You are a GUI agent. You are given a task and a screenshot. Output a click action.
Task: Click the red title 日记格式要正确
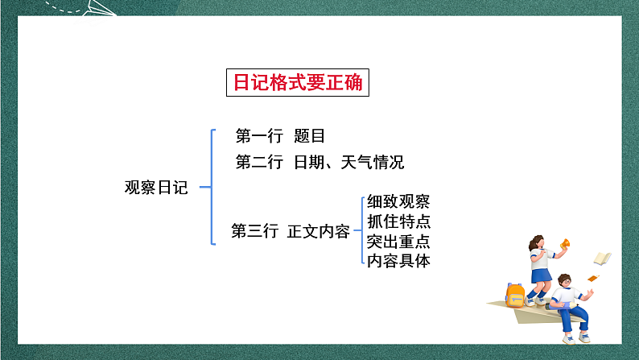click(297, 82)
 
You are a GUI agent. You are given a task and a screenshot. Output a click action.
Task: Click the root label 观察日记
click(156, 188)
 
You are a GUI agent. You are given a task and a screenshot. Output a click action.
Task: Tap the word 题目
click(309, 136)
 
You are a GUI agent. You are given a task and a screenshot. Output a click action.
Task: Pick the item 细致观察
click(398, 201)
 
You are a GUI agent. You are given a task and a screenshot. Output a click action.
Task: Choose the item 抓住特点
click(398, 221)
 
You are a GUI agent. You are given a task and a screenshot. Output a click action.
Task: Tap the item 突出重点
click(398, 241)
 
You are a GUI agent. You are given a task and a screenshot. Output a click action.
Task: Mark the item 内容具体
click(398, 260)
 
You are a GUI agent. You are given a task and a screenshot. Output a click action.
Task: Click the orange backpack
click(515, 295)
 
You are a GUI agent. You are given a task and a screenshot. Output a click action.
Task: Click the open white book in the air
click(602, 259)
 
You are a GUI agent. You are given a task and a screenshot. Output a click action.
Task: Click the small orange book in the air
click(593, 278)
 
